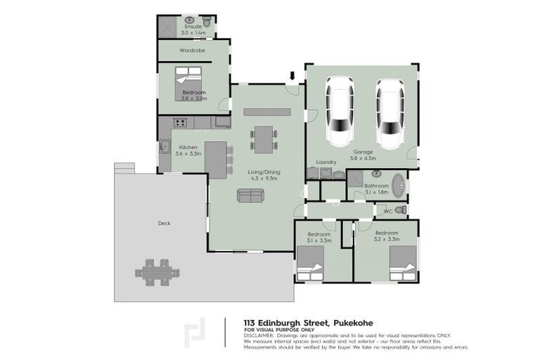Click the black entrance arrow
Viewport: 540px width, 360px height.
[292, 75]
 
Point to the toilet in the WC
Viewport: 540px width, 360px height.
[401, 210]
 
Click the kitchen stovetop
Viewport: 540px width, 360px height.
[179, 124]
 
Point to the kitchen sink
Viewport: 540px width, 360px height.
[165, 148]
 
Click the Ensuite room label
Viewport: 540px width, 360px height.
[193, 27]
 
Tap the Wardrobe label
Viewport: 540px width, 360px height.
[191, 51]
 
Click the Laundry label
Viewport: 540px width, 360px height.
[327, 162]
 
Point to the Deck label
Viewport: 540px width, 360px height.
[164, 223]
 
